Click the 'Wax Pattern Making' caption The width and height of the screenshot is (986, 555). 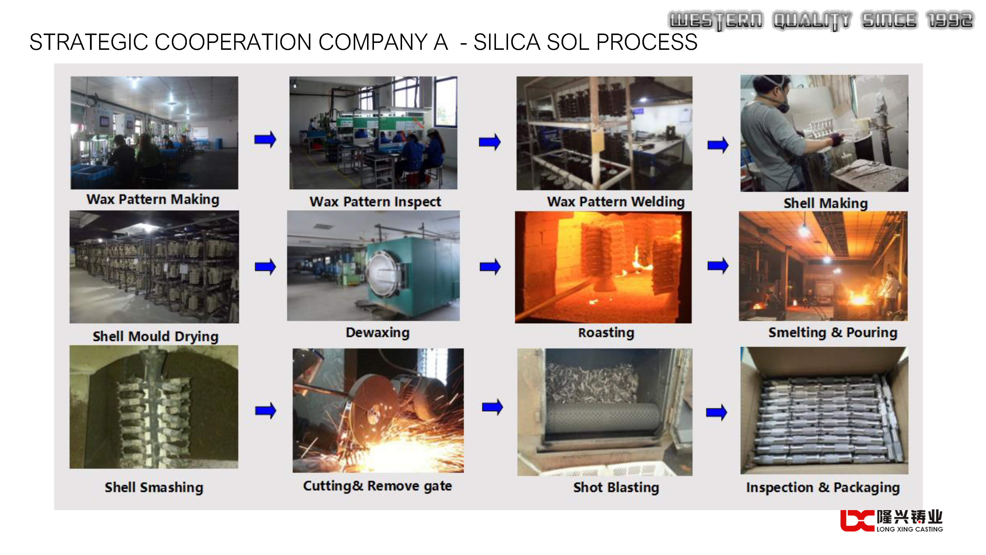click(153, 200)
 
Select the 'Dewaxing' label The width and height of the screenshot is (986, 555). click(377, 333)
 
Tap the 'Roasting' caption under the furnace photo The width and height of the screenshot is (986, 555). click(606, 333)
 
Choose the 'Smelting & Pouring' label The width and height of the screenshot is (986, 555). click(833, 333)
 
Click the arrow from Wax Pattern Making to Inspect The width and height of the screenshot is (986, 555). click(265, 139)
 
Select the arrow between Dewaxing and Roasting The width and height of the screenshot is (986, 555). click(490, 267)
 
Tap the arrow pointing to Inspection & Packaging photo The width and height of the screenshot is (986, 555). click(717, 412)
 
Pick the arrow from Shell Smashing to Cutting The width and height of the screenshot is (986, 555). click(266, 411)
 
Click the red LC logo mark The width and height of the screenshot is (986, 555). click(857, 520)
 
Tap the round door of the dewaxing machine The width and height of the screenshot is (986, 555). click(384, 274)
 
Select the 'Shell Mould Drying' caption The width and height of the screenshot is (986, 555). click(155, 336)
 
